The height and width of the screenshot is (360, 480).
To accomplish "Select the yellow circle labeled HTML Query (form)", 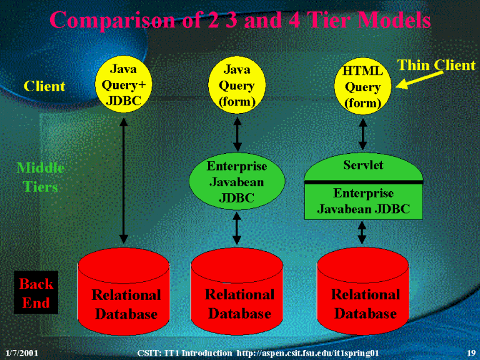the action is click(x=362, y=86).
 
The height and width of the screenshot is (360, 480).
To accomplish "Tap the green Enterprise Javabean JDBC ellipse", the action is click(x=237, y=181).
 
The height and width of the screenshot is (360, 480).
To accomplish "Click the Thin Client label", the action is click(x=436, y=65).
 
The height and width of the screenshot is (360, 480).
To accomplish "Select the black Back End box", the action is click(x=36, y=292).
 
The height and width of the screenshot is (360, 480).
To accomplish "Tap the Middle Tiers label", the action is click(x=41, y=177).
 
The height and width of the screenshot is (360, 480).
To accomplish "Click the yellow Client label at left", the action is click(x=44, y=86).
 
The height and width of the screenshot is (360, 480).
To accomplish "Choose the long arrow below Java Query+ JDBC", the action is click(x=124, y=181).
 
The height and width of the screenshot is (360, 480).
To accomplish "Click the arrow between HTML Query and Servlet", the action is click(x=362, y=134).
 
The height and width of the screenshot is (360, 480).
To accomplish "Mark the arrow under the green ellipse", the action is click(x=237, y=228).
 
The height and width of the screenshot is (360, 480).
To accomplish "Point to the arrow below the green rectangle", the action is click(x=362, y=232).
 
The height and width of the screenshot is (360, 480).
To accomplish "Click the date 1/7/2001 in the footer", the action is click(x=22, y=353).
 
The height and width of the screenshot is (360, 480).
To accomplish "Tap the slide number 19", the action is click(x=471, y=353).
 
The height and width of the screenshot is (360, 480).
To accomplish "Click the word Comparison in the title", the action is click(x=112, y=20).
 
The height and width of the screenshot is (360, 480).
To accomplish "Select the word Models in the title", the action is click(x=394, y=20).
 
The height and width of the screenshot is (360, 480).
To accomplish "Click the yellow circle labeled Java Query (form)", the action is click(x=237, y=85).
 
